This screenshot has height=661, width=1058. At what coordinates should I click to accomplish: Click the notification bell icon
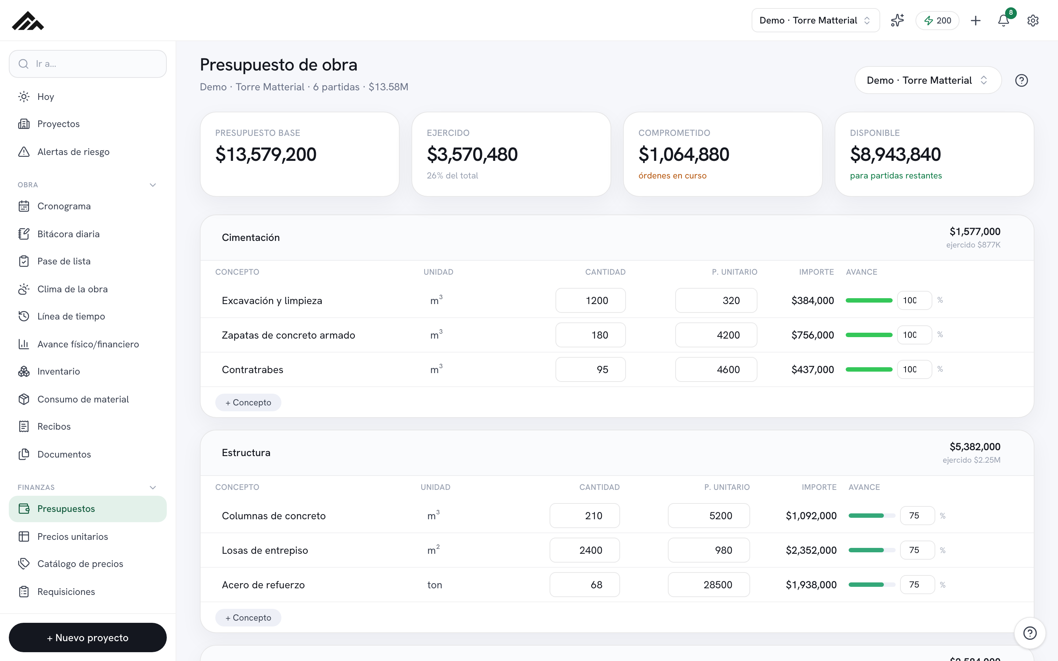tap(1003, 21)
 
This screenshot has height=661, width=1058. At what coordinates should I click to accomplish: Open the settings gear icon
tap(1033, 21)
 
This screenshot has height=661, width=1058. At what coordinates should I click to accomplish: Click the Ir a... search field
tap(88, 64)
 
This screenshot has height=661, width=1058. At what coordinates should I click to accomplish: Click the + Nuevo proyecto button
tap(88, 637)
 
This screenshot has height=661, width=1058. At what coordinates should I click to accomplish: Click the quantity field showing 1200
tap(590, 300)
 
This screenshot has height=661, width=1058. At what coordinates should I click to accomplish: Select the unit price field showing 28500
tap(709, 585)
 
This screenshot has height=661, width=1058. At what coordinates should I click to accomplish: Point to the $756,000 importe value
tap(812, 335)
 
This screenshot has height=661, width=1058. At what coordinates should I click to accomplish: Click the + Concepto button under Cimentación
tap(248, 402)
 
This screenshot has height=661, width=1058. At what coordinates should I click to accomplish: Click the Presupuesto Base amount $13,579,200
tap(266, 154)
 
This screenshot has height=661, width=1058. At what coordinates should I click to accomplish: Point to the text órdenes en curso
tap(672, 175)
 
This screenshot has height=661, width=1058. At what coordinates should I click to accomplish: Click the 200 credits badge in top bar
tap(938, 21)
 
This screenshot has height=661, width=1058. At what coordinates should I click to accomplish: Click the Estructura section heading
tap(246, 452)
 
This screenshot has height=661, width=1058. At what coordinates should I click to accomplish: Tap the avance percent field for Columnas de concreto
tap(917, 516)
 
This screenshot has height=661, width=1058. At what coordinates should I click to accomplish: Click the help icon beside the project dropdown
tap(1021, 80)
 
